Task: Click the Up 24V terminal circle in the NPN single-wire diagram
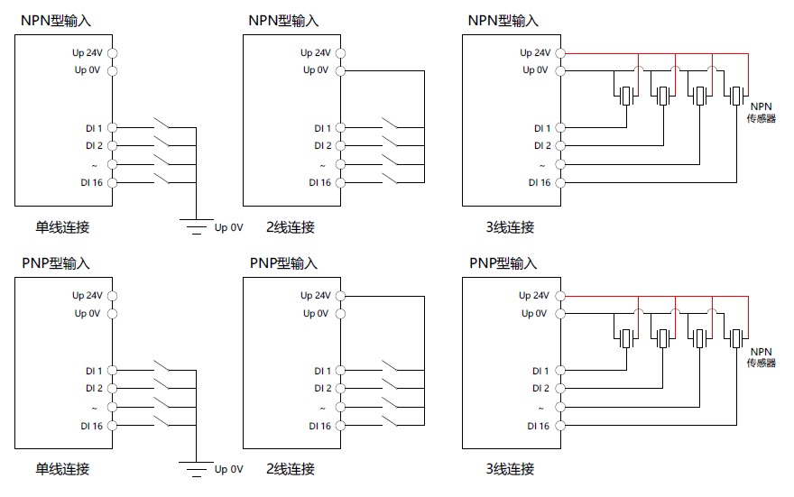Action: pyautogui.click(x=112, y=53)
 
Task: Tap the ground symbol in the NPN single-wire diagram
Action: pyautogui.click(x=195, y=225)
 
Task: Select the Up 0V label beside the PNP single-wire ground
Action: pyautogui.click(x=228, y=469)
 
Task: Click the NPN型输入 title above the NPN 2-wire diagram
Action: pyautogui.click(x=283, y=21)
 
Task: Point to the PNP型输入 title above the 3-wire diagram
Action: pyautogui.click(x=503, y=263)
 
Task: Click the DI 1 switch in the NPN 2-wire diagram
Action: pyautogui.click(x=393, y=124)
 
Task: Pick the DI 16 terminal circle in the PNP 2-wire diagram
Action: pyautogui.click(x=340, y=425)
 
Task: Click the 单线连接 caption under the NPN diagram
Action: pyautogui.click(x=62, y=227)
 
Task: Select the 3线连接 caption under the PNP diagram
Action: pyautogui.click(x=510, y=469)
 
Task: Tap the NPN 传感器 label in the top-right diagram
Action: pyautogui.click(x=761, y=112)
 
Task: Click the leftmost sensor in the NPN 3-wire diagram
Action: pyautogui.click(x=625, y=95)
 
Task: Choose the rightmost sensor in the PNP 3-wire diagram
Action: pyautogui.click(x=737, y=338)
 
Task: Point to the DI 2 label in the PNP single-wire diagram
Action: pyautogui.click(x=94, y=389)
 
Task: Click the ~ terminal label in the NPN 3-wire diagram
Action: pyautogui.click(x=542, y=165)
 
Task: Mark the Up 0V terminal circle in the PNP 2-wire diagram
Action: pyautogui.click(x=340, y=313)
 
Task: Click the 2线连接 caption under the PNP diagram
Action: pyautogui.click(x=291, y=469)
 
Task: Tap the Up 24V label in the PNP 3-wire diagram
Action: pyautogui.click(x=534, y=296)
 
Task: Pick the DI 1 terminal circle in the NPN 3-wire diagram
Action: pyautogui.click(x=559, y=128)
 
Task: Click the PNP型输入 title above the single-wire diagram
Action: pyautogui.click(x=56, y=263)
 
